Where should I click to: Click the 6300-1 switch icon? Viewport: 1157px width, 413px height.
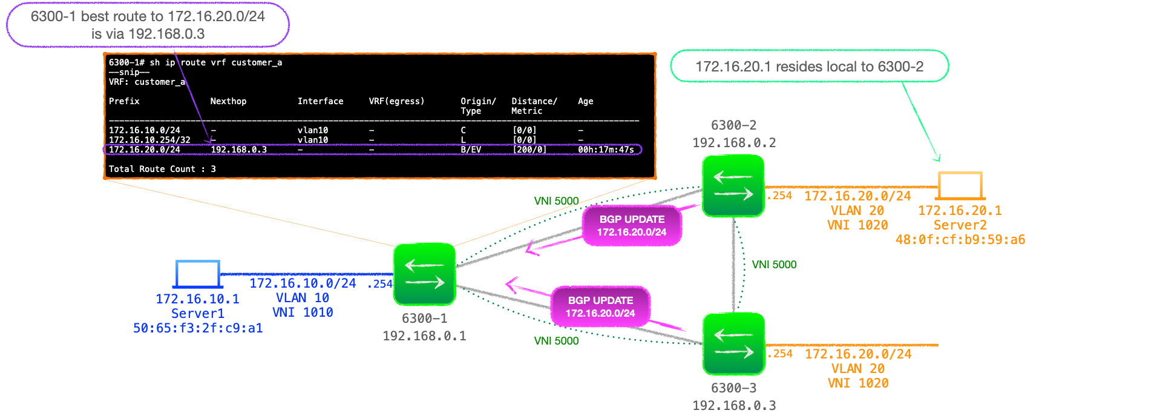click(424, 274)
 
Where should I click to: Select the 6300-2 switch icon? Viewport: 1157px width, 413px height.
click(733, 186)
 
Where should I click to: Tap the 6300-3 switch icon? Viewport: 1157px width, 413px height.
click(734, 344)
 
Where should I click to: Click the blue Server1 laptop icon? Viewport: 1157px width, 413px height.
click(197, 274)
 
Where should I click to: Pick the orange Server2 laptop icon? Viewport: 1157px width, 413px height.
click(960, 186)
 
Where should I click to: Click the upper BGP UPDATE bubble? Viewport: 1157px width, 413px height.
click(632, 226)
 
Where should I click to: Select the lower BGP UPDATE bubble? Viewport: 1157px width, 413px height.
click(600, 307)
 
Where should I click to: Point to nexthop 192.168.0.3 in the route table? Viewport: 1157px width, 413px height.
click(239, 150)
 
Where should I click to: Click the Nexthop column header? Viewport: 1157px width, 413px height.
click(228, 101)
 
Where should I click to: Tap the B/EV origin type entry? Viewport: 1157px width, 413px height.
click(471, 150)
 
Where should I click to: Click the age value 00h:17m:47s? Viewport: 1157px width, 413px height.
click(606, 150)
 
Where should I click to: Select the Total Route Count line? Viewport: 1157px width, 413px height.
click(162, 169)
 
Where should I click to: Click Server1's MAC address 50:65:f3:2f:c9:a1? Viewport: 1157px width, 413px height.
click(198, 328)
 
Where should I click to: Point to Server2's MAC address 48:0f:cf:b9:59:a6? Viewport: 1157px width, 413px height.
click(960, 240)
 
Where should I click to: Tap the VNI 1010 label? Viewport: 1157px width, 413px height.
click(303, 312)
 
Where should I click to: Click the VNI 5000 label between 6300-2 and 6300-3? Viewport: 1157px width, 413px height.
click(774, 265)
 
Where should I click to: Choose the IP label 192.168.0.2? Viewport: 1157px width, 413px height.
click(734, 143)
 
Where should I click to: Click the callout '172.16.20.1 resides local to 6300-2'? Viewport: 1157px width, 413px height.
click(810, 66)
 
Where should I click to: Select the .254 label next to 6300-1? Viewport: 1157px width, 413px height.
click(379, 284)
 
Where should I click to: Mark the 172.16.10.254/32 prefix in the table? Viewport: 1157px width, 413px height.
click(149, 140)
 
